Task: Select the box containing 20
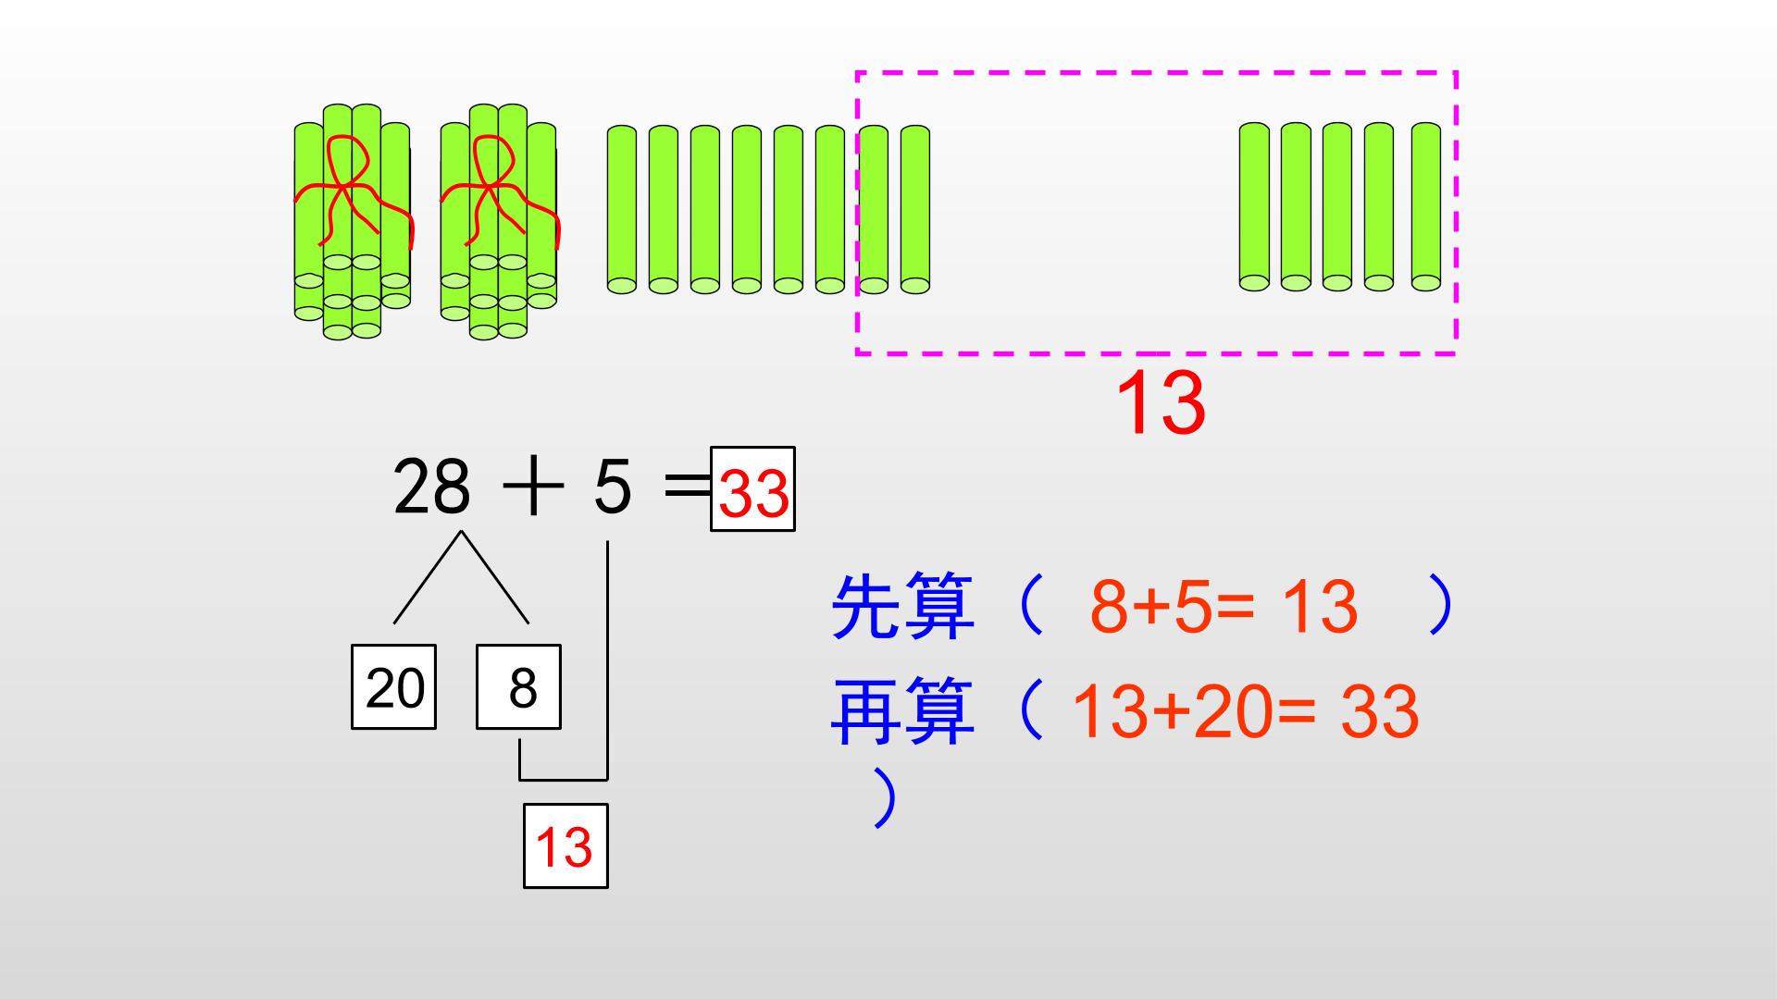(393, 686)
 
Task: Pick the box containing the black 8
(518, 686)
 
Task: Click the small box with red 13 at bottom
(565, 845)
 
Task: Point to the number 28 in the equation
(431, 487)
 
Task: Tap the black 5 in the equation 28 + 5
(612, 487)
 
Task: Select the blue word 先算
(902, 607)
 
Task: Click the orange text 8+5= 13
(1224, 607)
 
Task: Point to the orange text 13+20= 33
(1244, 711)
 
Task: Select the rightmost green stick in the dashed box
(1425, 206)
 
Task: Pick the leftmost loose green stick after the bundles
(622, 210)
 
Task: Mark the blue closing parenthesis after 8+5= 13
(1440, 605)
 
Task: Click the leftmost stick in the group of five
(1255, 206)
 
